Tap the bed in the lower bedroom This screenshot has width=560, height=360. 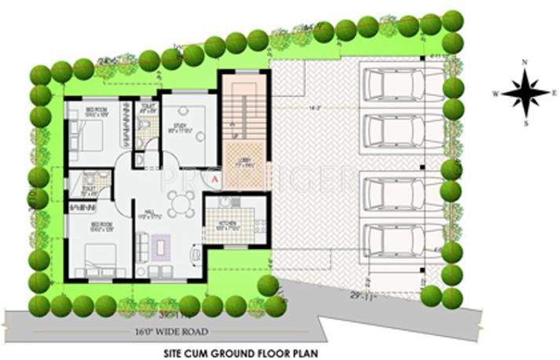[98, 257]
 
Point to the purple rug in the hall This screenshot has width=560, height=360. [163, 246]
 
